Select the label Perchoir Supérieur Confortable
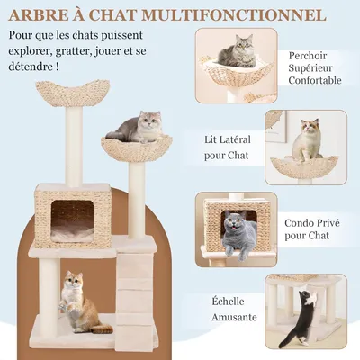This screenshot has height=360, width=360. [x=314, y=67]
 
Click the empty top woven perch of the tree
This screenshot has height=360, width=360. [x=75, y=92]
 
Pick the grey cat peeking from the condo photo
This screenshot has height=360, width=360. [x=238, y=233]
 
